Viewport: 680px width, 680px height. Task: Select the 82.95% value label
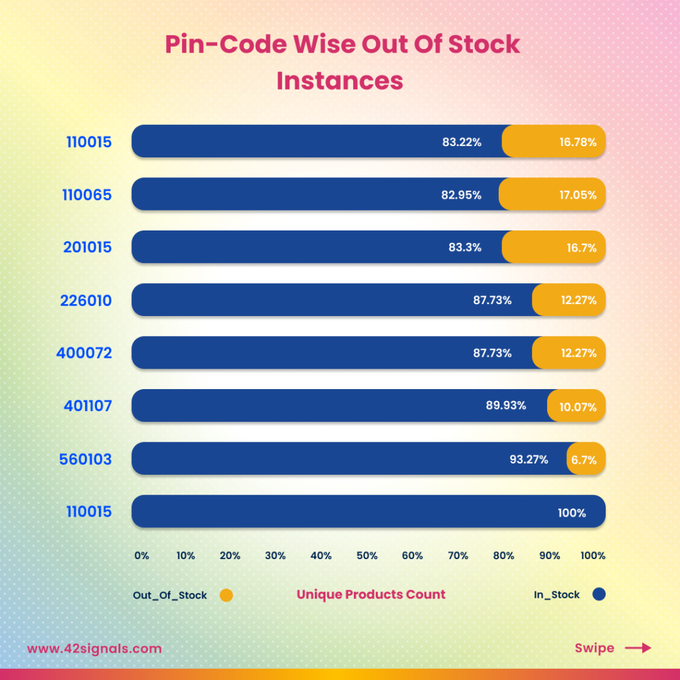[x=460, y=195]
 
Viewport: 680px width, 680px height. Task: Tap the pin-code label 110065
[x=88, y=195]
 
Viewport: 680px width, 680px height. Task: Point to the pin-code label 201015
[x=88, y=248]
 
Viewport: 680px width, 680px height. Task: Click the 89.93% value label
[x=506, y=406]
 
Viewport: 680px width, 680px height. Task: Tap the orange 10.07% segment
[x=576, y=406]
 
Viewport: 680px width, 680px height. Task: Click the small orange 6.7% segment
[x=586, y=459]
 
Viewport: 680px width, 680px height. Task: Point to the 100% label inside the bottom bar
[x=572, y=513]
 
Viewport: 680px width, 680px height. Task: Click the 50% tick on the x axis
[x=367, y=556]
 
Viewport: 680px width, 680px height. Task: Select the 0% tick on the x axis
[x=141, y=556]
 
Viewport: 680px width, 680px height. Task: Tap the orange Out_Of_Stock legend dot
[x=226, y=596]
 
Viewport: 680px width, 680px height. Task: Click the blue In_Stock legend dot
[x=599, y=595]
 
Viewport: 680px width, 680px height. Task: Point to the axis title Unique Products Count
[x=371, y=595]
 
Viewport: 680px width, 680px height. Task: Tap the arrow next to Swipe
[x=638, y=648]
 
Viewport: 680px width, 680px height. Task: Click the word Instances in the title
[x=340, y=80]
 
